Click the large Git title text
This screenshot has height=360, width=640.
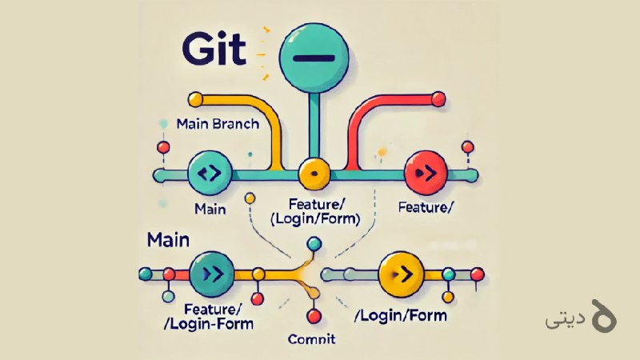tap(214, 50)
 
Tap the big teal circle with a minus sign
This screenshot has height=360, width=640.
tap(314, 58)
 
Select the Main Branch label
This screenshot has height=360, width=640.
tap(218, 124)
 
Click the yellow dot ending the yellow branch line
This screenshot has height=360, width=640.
tap(195, 99)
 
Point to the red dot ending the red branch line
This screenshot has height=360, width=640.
tap(438, 99)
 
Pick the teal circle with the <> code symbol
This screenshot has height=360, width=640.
tap(210, 173)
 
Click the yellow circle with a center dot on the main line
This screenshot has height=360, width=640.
tap(314, 174)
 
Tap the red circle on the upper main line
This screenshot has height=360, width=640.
tap(426, 173)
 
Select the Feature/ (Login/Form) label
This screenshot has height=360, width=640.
tap(315, 211)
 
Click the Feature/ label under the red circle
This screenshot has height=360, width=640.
tap(425, 207)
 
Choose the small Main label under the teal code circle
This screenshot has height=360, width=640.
tap(210, 210)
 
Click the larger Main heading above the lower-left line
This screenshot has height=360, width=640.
tap(168, 240)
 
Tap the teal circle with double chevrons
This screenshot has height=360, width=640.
tap(212, 274)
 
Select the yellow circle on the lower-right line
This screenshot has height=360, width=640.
tap(402, 274)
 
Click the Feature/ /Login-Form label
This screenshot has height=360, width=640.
tap(209, 317)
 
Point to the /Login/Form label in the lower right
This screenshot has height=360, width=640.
tap(401, 315)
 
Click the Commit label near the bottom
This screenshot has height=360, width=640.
tap(311, 338)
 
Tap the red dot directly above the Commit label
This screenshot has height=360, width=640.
tap(314, 316)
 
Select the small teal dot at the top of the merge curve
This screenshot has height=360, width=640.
tap(314, 244)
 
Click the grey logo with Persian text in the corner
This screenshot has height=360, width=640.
tap(581, 316)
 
